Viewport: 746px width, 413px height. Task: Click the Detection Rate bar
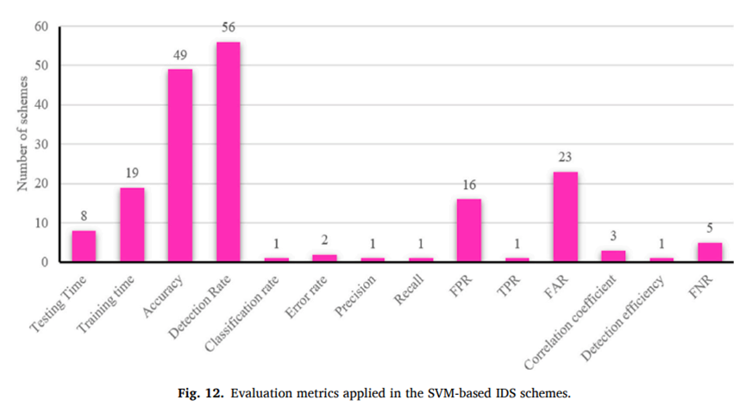[x=228, y=152]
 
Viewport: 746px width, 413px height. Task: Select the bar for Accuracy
[x=179, y=166]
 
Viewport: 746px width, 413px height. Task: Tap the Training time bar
[x=132, y=224]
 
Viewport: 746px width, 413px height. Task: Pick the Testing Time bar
[x=84, y=246]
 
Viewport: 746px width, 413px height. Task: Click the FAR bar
[x=565, y=216]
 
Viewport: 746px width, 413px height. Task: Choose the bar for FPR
[x=469, y=230]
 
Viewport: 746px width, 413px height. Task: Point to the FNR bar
[x=709, y=252]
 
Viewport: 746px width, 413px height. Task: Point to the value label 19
[x=132, y=175]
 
